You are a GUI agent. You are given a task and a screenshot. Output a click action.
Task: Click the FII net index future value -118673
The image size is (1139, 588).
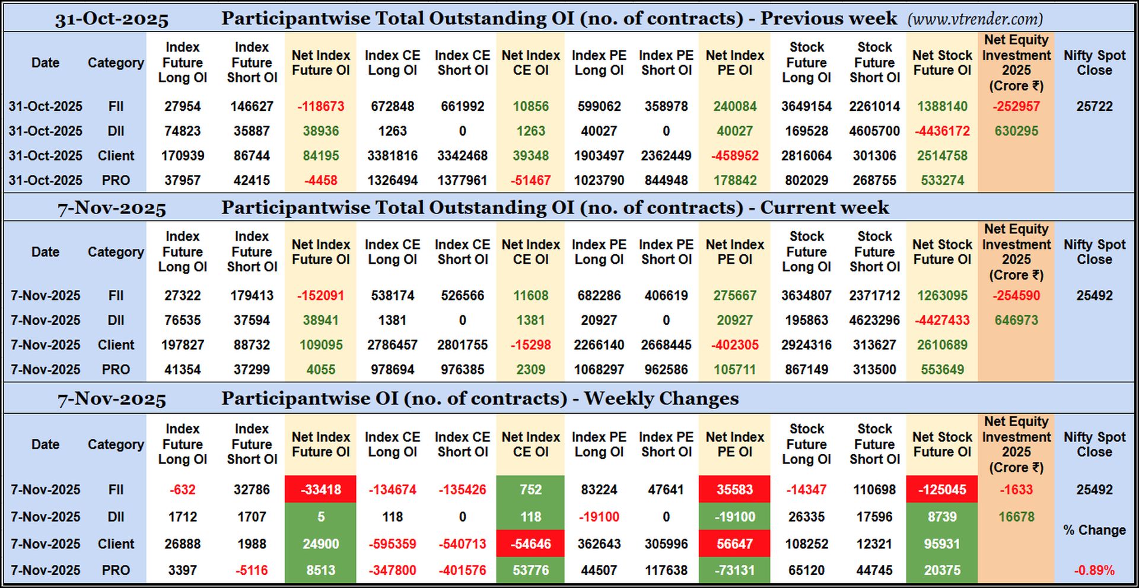pos(320,107)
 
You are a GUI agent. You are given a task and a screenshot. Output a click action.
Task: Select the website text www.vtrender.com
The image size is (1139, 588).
pos(975,20)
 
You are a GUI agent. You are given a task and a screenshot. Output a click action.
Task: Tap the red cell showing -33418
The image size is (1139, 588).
pos(320,490)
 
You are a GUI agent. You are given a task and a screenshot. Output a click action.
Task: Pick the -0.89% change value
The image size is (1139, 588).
pos(1094,570)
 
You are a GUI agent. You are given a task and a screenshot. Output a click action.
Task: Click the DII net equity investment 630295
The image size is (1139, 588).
pos(1016,131)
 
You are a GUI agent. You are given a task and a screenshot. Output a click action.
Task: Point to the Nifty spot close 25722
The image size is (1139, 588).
pos(1094,107)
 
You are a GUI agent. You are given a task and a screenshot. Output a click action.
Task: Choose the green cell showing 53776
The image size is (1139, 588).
pos(530,570)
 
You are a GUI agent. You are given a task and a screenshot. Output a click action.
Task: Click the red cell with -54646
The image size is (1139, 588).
pos(530,544)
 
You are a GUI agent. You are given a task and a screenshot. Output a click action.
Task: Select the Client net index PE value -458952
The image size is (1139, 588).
pos(734,156)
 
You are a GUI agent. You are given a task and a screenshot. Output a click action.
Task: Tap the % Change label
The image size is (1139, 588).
pos(1094,530)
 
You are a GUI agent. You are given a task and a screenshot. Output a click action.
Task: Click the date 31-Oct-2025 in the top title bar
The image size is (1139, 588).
pos(112,20)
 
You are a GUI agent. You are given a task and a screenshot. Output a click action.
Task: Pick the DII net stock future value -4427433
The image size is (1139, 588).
pos(941,320)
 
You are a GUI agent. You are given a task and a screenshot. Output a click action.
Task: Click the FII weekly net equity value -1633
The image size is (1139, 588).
pos(1016,490)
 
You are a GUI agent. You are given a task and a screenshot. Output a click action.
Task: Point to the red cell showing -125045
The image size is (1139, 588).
pos(941,490)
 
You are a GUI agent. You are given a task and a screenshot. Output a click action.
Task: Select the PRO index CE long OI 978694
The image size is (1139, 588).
pos(392,369)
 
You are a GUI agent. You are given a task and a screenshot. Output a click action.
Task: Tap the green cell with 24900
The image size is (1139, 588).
pos(320,544)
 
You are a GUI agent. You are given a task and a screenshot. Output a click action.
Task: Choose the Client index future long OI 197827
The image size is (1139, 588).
pos(182,345)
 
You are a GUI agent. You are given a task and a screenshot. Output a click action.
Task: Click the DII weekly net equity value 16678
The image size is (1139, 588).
pos(1016,517)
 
